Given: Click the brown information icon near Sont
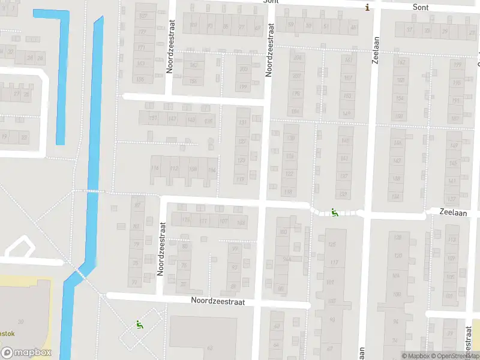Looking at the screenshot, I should [x=367, y=7].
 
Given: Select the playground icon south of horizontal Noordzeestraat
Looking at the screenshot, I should [x=140, y=325].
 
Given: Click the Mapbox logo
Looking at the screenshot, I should [x=26, y=353].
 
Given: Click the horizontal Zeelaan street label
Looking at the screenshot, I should [x=454, y=212].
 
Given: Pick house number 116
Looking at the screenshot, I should [x=155, y=169].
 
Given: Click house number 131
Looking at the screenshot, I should [x=242, y=123].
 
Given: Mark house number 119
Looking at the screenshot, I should [x=241, y=179].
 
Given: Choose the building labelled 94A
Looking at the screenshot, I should [x=287, y=259].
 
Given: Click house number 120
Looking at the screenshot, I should [x=397, y=256].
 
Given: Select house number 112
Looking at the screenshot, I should [x=174, y=169].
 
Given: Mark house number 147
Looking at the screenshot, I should [x=173, y=118].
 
